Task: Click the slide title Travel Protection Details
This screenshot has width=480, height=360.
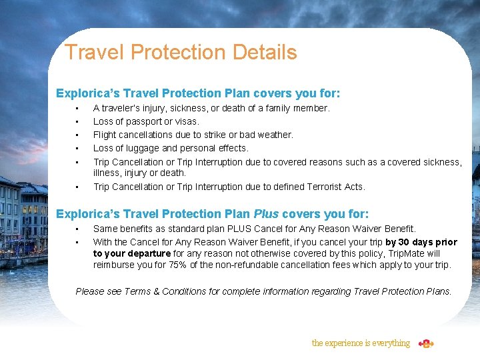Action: pyautogui.click(x=181, y=52)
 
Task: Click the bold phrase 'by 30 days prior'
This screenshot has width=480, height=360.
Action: pyautogui.click(x=421, y=242)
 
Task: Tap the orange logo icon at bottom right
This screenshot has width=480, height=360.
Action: pyautogui.click(x=426, y=343)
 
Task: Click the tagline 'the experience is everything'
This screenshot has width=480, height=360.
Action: pyautogui.click(x=361, y=343)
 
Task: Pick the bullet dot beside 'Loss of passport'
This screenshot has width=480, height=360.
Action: pyautogui.click(x=78, y=122)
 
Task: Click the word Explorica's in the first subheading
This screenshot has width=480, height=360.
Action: pyautogui.click(x=82, y=94)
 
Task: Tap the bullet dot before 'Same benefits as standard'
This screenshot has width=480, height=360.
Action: pyautogui.click(x=78, y=229)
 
